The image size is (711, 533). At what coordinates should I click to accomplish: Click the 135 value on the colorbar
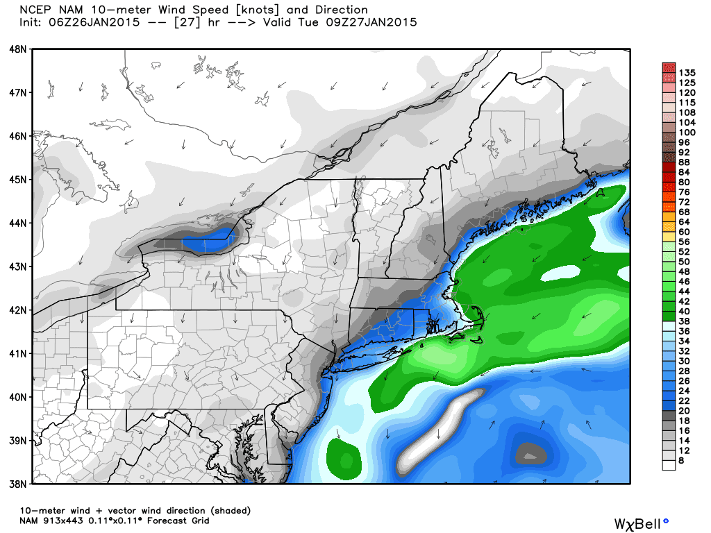coord(687,72)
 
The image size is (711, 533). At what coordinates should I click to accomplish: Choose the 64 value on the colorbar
coord(685,221)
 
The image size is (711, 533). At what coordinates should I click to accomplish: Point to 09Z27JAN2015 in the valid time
coord(375,22)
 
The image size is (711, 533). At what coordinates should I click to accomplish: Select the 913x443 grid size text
coord(72,521)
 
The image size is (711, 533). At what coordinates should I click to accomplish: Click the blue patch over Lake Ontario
coord(208,244)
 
